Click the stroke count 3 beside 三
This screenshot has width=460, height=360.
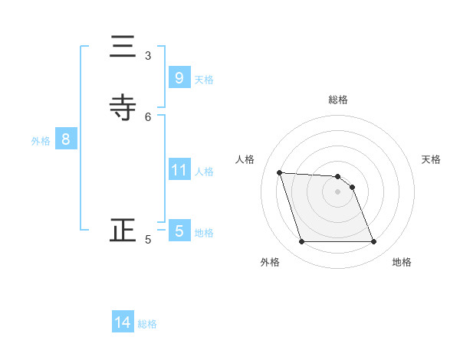coord(148,56)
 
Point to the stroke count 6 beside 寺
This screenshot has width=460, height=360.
coord(148,116)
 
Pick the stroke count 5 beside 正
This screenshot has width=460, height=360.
coord(148,240)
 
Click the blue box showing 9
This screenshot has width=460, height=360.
coord(179,78)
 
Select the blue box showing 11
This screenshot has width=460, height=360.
coord(179,170)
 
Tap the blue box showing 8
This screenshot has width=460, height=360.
coord(66,139)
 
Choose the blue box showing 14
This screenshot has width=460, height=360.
coord(123,322)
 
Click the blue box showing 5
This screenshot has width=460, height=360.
coord(179,231)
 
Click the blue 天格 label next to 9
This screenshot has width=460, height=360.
coord(204,80)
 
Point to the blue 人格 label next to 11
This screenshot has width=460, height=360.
coord(205,172)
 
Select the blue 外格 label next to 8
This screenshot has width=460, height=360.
coord(41,141)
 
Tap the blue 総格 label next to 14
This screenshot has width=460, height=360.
coord(147,324)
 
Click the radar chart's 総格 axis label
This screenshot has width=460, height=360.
coord(338,100)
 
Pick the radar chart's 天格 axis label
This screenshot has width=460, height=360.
coord(432,159)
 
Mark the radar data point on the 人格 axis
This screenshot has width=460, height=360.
coord(280,172)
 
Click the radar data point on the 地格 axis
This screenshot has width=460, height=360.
coord(374,242)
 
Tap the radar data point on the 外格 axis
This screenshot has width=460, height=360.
coord(301,242)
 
